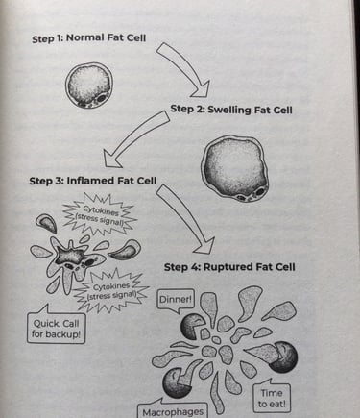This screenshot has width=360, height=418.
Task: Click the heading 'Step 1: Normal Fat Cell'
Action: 88,38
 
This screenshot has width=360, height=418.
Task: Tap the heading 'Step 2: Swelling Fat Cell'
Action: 231,110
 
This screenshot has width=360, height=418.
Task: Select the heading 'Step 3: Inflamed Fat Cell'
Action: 93,181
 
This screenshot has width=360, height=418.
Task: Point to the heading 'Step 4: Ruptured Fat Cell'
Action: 229,267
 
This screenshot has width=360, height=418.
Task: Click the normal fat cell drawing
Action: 89,86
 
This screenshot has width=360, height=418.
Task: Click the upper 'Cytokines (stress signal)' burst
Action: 100,213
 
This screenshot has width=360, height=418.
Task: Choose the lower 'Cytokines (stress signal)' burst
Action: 112,291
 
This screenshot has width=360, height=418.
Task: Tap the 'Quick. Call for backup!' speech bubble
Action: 56,328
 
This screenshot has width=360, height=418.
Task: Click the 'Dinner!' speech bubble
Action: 176,300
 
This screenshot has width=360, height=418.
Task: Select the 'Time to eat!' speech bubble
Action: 272,398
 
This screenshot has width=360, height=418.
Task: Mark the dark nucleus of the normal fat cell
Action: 102,98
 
